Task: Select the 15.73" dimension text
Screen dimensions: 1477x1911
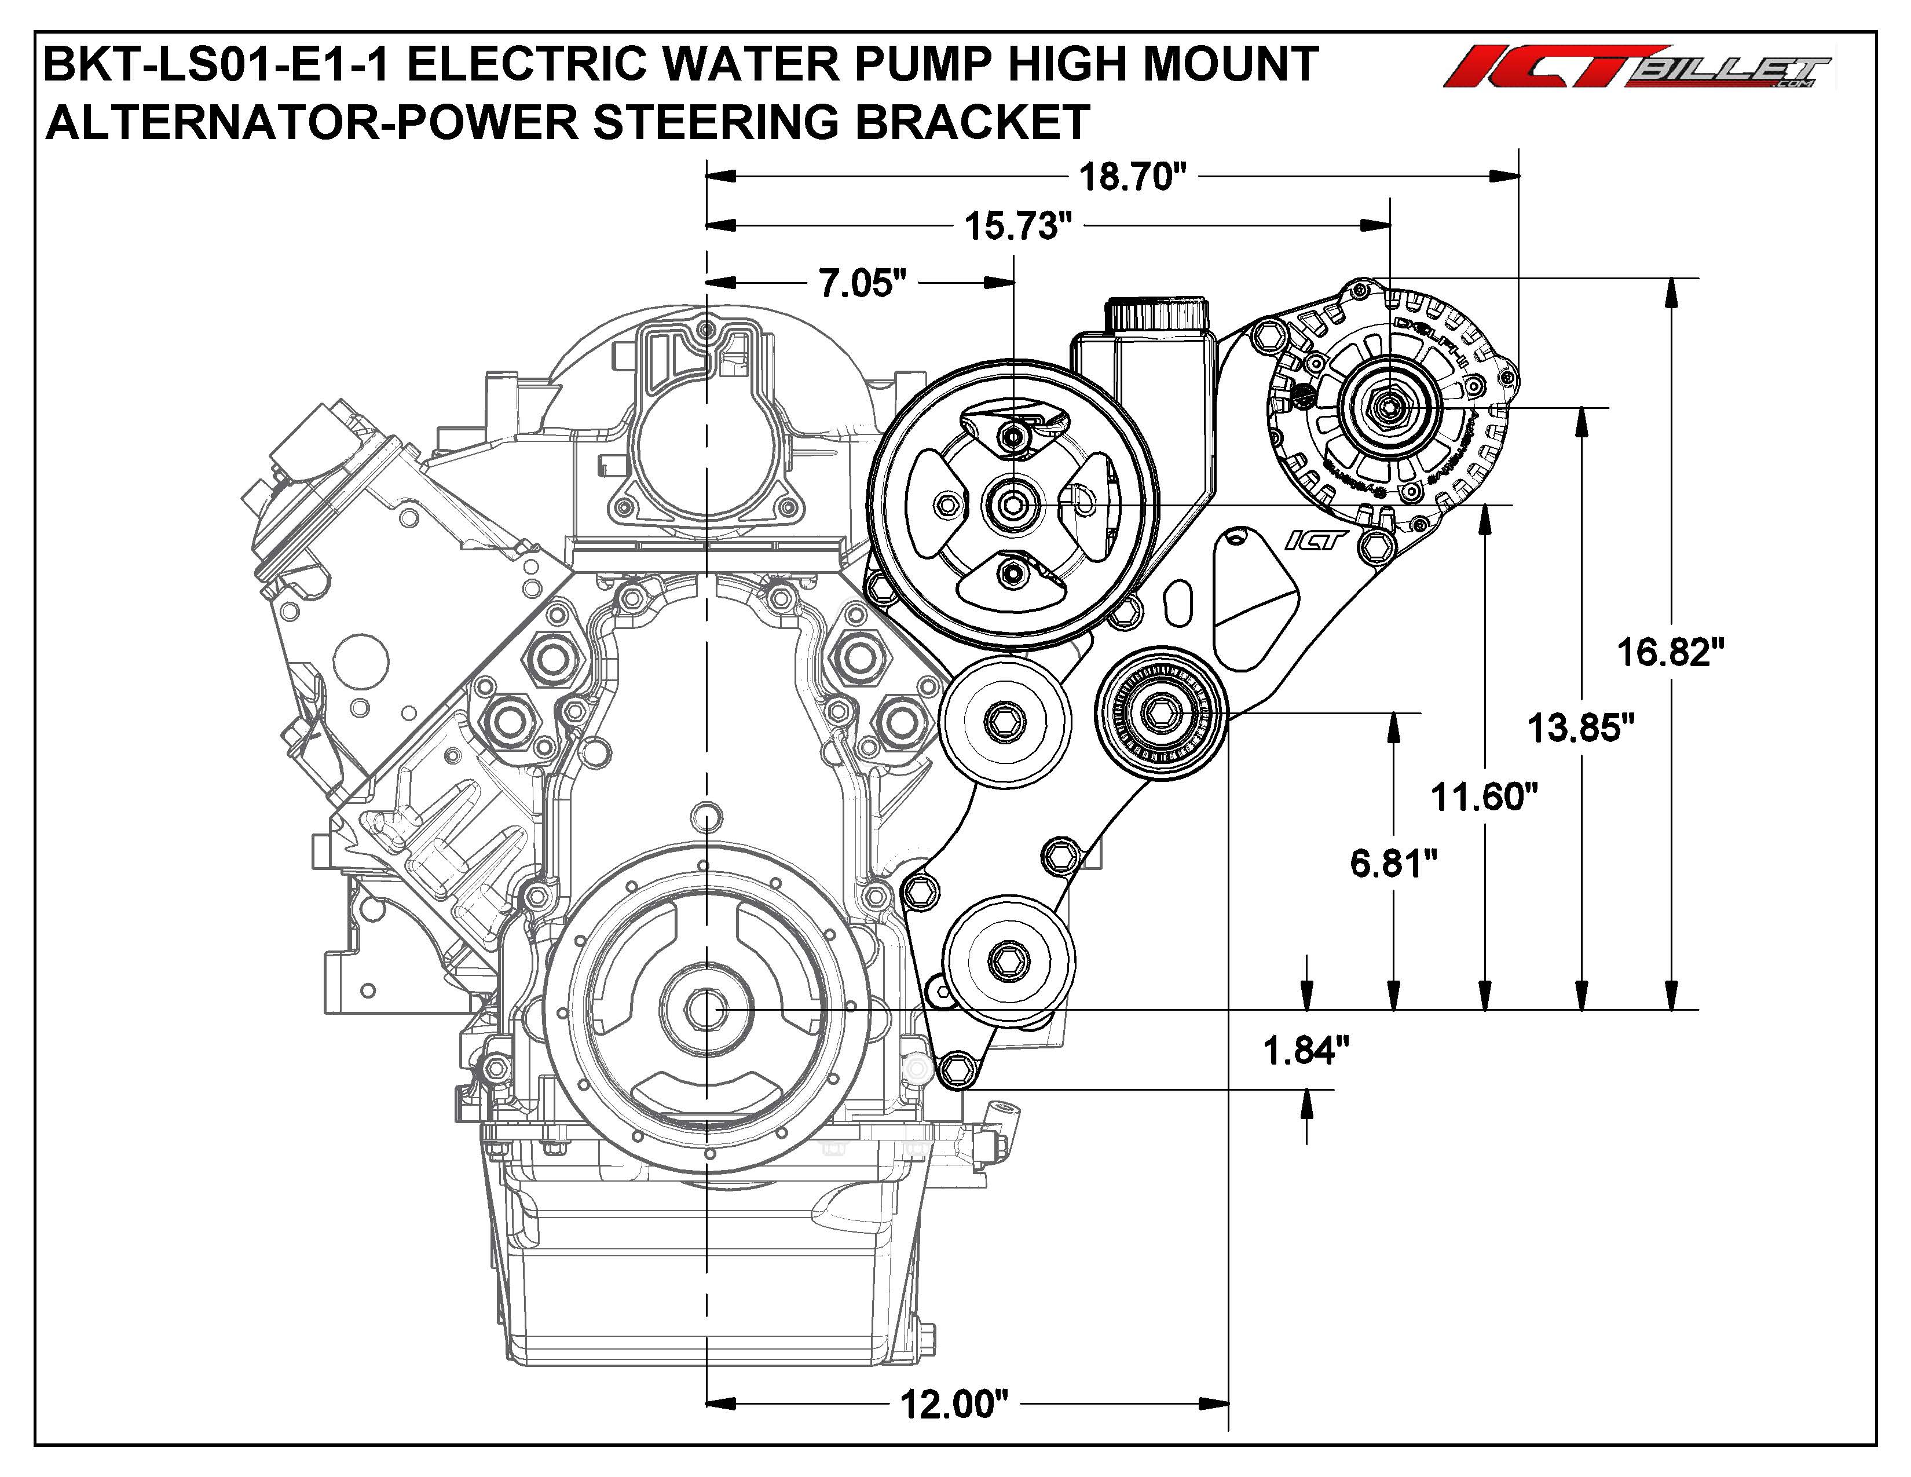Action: coord(1017,226)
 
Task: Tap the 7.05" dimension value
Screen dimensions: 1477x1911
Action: coord(862,283)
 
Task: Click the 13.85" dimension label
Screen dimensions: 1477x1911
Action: coord(1580,728)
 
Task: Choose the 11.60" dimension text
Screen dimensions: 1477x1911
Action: coord(1484,797)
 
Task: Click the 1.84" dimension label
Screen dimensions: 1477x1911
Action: coord(1305,1051)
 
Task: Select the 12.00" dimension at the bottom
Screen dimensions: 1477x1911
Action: coord(954,1405)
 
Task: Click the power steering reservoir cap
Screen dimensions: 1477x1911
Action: coord(1157,312)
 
